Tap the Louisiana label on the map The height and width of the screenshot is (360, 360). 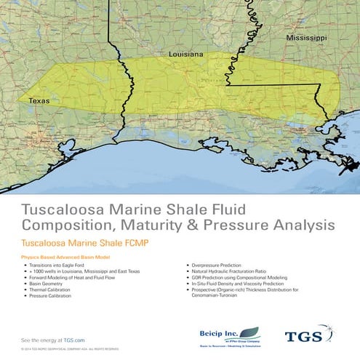tap(185, 55)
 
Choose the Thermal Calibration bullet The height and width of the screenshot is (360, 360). tap(54, 290)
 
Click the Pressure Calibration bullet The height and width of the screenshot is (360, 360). tap(55, 296)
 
